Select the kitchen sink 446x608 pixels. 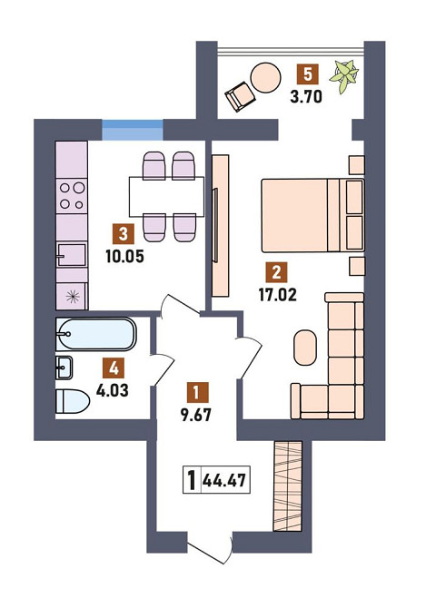71,253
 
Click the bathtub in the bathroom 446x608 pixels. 95,335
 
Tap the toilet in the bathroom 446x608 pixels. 72,400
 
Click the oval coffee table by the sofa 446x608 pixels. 305,344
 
